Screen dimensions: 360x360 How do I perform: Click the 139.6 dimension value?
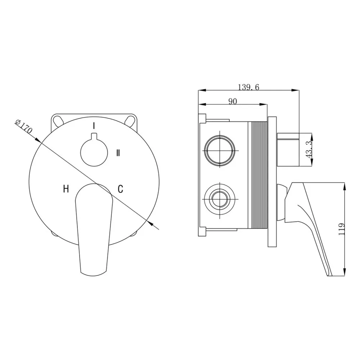pyautogui.click(x=248, y=87)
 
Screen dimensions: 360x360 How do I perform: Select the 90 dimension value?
pyautogui.click(x=233, y=101)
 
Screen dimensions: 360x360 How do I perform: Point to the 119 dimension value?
pyautogui.click(x=342, y=229)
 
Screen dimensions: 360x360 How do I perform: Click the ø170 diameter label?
pyautogui.click(x=23, y=127)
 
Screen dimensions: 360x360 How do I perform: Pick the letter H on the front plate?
pyautogui.click(x=66, y=189)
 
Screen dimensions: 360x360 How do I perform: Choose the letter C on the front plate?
pyautogui.click(x=121, y=189)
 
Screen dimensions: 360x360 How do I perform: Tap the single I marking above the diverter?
pyautogui.click(x=94, y=126)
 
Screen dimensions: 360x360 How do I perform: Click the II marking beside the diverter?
pyautogui.click(x=118, y=153)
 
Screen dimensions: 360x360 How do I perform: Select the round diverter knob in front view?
pyautogui.click(x=94, y=152)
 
